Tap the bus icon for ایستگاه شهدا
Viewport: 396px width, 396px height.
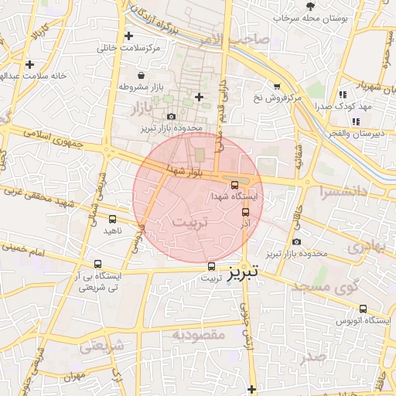click(x=235, y=184)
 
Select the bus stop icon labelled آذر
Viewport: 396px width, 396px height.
click(x=246, y=212)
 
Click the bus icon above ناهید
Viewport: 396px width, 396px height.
click(x=113, y=220)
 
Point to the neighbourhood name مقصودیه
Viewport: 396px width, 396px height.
click(x=198, y=335)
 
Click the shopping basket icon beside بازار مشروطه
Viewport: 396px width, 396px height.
click(x=142, y=76)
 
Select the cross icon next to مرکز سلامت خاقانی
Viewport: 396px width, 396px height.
click(x=128, y=36)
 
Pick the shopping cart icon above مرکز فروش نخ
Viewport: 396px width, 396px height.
click(x=277, y=86)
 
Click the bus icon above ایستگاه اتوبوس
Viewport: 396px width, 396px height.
click(x=363, y=309)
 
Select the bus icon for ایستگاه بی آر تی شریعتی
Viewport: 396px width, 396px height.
click(x=97, y=264)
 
